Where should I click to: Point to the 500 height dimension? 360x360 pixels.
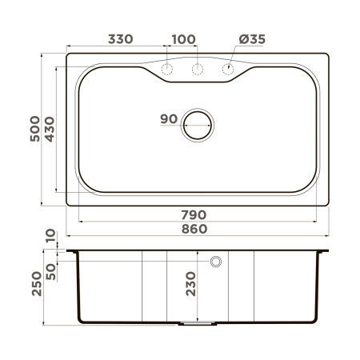click(x=34, y=128)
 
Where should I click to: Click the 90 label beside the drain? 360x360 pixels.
click(x=168, y=119)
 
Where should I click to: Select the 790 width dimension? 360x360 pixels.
click(x=195, y=214)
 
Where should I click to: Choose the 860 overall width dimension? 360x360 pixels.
click(x=195, y=229)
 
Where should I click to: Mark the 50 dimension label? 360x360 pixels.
click(x=50, y=270)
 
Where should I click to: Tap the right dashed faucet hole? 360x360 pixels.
click(x=228, y=70)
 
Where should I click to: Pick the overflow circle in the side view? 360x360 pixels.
click(x=215, y=262)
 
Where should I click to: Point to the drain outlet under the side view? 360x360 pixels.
click(x=198, y=324)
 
